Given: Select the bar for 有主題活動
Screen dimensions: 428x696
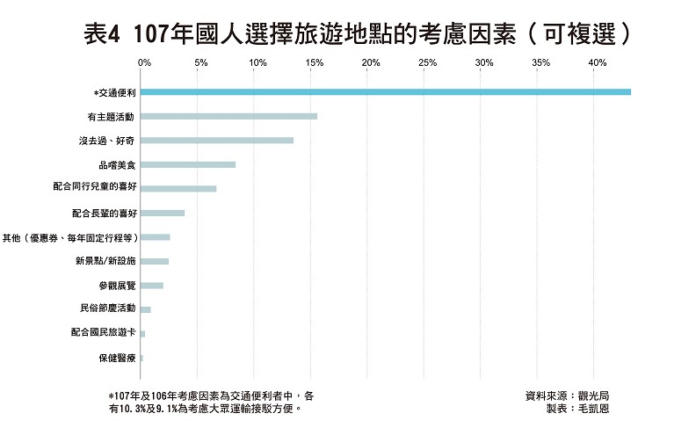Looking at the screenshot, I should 228,116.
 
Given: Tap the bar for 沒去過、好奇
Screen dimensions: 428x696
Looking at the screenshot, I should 216,140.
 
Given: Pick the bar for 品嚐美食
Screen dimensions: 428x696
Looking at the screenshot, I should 187,164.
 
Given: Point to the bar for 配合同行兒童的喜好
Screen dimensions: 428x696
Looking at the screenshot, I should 178,188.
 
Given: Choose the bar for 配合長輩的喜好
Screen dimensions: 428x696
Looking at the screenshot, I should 162,213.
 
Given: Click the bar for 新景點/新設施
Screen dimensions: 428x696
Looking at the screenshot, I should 154,261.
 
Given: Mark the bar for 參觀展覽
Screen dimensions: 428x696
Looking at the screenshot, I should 151,286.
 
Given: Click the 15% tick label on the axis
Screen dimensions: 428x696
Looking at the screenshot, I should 314,63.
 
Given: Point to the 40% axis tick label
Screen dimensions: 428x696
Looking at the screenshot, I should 598,63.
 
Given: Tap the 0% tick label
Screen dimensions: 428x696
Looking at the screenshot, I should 145,63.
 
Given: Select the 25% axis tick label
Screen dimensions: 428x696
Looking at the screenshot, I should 427,63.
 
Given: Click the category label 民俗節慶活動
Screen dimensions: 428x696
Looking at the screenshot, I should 107,308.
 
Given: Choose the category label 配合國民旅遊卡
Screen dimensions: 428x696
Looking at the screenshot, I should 103,333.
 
